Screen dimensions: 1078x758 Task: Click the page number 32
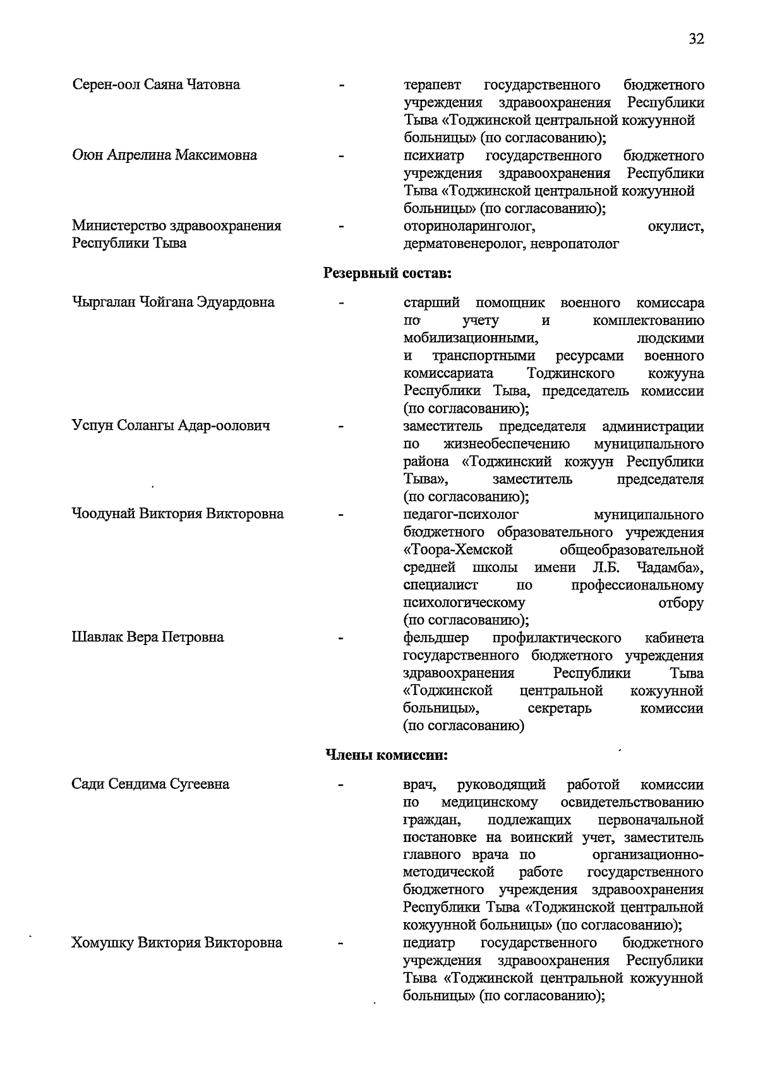(x=696, y=39)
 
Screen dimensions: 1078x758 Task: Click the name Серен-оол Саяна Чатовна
(x=156, y=85)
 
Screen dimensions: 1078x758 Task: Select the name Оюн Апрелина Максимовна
(x=164, y=155)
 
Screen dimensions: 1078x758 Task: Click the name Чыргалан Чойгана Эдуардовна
(x=173, y=302)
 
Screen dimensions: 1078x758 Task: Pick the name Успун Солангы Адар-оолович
(x=171, y=426)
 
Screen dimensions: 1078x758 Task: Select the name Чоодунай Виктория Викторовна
(x=177, y=514)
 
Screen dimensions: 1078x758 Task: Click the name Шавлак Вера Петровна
(x=148, y=637)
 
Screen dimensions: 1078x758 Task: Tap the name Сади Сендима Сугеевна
(x=150, y=785)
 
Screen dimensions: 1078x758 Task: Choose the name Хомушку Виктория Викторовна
(x=176, y=944)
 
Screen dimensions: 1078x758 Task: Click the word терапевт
(x=433, y=85)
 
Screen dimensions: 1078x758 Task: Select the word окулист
(x=675, y=226)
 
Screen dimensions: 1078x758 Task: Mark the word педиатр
(x=429, y=944)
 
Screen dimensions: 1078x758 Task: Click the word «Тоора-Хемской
(x=458, y=550)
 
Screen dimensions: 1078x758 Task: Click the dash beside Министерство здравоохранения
(x=342, y=226)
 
